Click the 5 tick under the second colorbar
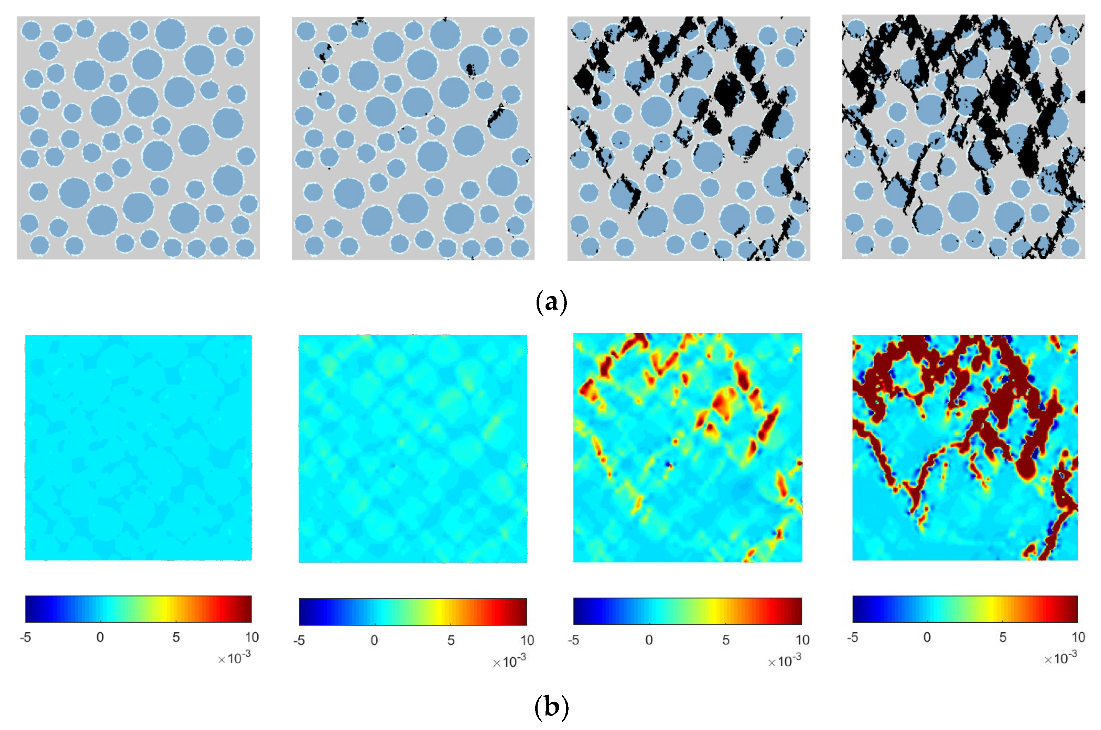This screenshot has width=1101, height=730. click(x=451, y=641)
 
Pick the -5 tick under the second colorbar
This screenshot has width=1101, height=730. click(x=299, y=641)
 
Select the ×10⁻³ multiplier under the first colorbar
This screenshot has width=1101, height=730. click(x=234, y=658)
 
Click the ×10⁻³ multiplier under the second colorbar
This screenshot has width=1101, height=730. click(x=509, y=661)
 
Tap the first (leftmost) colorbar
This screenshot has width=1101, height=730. click(x=138, y=609)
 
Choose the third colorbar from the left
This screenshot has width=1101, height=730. click(x=687, y=611)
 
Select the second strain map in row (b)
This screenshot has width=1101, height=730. click(x=413, y=448)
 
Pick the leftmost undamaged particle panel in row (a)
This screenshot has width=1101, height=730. click(x=138, y=138)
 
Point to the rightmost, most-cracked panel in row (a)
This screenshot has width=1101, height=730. click(x=963, y=137)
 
